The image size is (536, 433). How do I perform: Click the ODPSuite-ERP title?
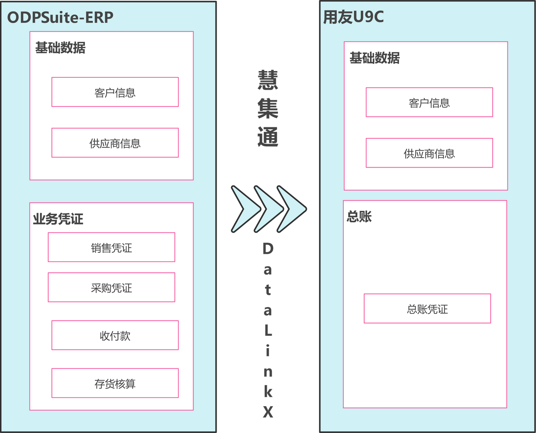[x=60, y=17]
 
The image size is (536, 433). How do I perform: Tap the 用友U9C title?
[x=353, y=17]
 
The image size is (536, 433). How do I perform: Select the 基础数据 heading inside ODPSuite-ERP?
[x=60, y=48]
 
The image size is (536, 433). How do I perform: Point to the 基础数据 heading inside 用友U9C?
[x=374, y=58]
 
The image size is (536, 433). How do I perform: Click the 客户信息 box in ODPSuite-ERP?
[x=115, y=92]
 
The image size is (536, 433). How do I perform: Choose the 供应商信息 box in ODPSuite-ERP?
[x=115, y=143]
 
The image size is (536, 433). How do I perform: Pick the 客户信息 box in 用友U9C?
[x=429, y=102]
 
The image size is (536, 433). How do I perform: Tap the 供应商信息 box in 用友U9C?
[x=429, y=153]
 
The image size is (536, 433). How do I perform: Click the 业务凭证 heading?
[x=58, y=219]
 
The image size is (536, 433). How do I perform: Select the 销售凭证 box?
[x=111, y=248]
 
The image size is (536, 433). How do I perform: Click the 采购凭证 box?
[x=111, y=287]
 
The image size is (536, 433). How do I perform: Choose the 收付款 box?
[x=115, y=335]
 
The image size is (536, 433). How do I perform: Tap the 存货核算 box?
[x=115, y=383]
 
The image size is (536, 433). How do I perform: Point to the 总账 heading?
[x=359, y=216]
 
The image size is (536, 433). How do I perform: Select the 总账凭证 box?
[x=427, y=309]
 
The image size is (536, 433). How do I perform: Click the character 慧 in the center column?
[x=268, y=80]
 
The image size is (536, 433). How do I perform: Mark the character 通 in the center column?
[x=268, y=137]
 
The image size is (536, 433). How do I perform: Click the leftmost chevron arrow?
[x=244, y=209]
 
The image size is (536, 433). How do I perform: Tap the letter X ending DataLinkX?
[x=268, y=412]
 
